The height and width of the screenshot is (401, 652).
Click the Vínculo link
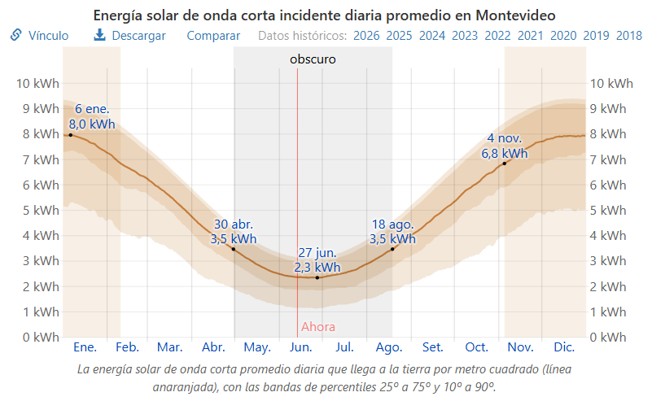[x=40, y=36]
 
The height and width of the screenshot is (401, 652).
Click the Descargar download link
[x=129, y=36]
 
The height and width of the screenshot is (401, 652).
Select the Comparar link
[x=213, y=36]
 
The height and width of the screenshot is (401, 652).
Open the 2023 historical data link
[x=465, y=36]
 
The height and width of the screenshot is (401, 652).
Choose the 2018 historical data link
[x=629, y=36]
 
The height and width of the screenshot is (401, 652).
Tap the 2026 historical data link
[x=366, y=36]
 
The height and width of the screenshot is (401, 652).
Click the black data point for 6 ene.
[x=71, y=135]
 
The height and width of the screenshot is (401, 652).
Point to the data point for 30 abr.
[x=234, y=250]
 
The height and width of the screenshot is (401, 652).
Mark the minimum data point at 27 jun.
[x=317, y=277]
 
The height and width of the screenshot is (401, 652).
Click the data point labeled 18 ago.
[x=392, y=250]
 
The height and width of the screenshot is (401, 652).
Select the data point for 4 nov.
[x=505, y=163]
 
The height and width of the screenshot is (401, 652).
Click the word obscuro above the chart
[x=313, y=59]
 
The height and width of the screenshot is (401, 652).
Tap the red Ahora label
[x=318, y=327]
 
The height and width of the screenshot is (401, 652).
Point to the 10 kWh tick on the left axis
[x=37, y=84]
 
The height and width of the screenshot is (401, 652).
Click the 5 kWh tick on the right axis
[x=608, y=211]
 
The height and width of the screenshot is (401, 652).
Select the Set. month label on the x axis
[x=432, y=347]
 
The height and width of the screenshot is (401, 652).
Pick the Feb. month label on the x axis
[x=127, y=347]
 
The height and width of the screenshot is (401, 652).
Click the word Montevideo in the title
[x=515, y=15]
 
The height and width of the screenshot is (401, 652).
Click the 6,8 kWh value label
[x=505, y=154]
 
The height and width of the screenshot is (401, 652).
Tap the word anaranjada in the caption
[x=184, y=387]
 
